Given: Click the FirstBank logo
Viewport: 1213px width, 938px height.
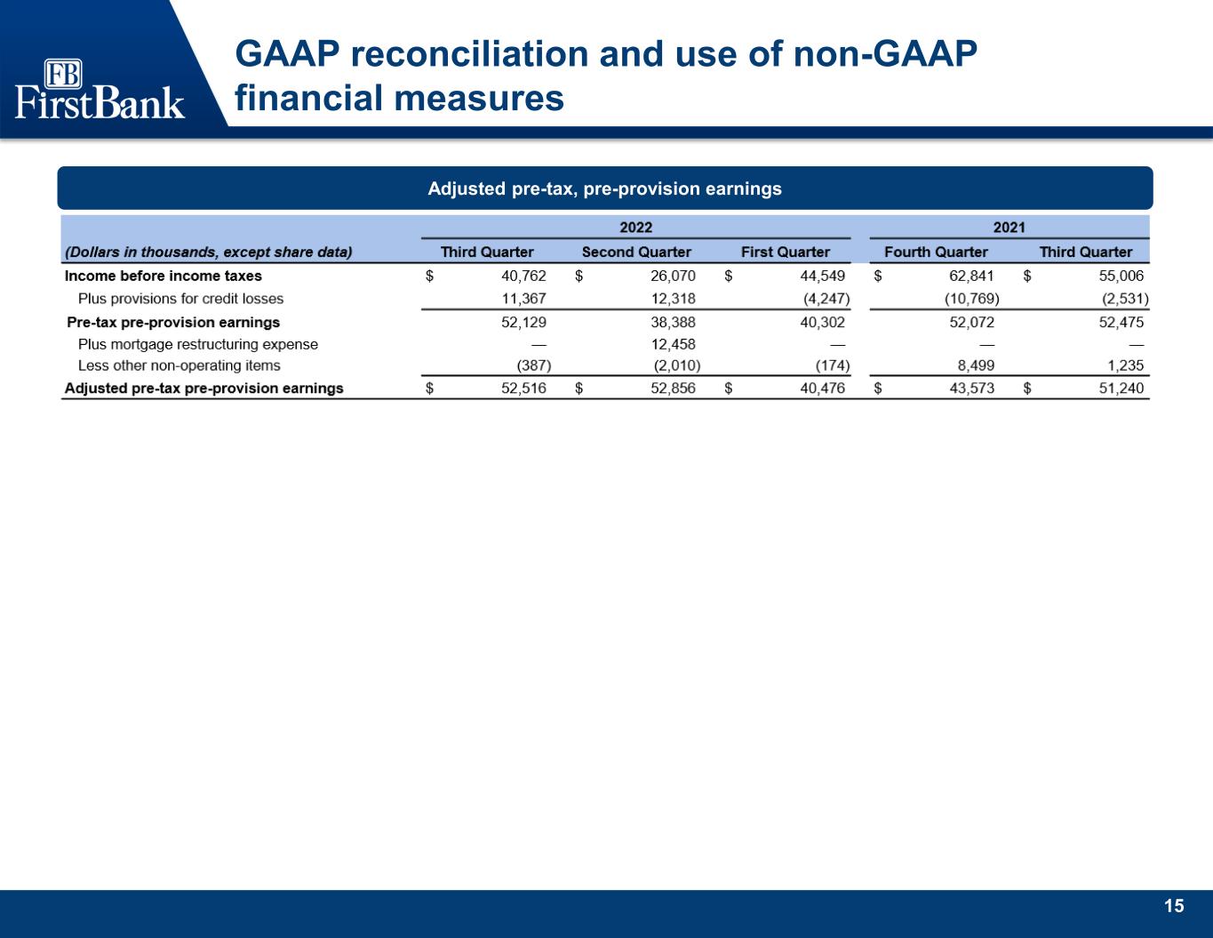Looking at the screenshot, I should (100, 89).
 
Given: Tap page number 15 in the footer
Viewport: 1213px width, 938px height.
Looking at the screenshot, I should (1174, 906).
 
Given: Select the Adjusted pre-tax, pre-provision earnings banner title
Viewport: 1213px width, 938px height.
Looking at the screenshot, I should (604, 188).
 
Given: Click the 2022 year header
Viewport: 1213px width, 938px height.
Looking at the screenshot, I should (635, 228).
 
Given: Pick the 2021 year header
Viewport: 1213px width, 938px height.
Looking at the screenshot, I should (1009, 228).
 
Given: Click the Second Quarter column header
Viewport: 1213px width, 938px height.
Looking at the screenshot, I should (636, 252).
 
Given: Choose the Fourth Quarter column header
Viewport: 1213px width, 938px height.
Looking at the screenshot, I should (936, 252).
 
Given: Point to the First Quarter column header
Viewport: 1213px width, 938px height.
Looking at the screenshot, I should (785, 252).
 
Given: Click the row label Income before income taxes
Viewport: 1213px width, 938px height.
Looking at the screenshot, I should (164, 276).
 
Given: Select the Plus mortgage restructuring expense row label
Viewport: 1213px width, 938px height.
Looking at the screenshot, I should (198, 344).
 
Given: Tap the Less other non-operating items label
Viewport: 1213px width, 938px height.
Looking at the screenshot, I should (179, 365).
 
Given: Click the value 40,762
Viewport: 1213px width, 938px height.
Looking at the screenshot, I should (524, 276).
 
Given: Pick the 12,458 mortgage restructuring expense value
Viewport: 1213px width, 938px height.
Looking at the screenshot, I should (673, 344).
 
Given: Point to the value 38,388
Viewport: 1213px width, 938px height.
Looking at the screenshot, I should (673, 322).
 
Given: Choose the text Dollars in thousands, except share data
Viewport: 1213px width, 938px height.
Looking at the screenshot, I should (208, 252).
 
